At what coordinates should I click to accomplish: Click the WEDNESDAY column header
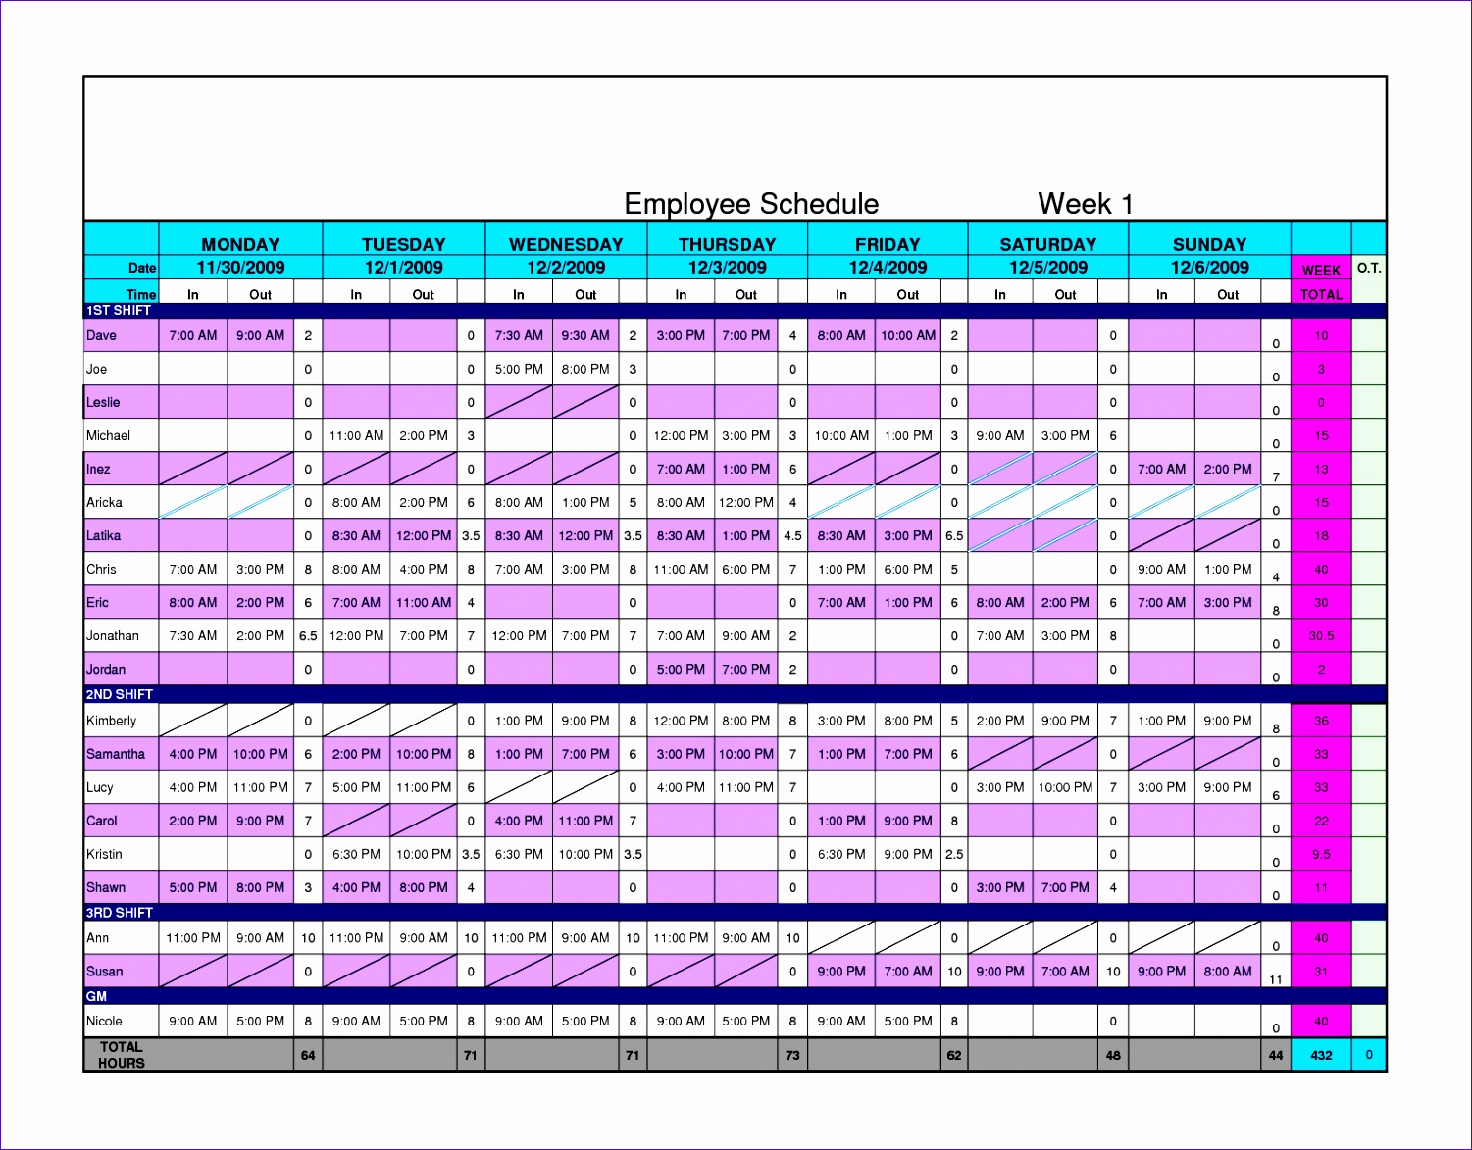[x=566, y=244]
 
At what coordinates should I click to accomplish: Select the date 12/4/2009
[x=888, y=267]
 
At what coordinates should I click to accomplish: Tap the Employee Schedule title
[x=751, y=204]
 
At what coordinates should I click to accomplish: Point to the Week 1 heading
[x=1085, y=204]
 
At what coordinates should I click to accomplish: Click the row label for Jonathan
[x=113, y=635]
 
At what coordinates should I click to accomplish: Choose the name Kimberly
[x=112, y=721]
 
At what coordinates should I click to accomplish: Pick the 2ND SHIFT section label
[x=119, y=694]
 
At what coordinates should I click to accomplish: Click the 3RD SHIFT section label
[x=119, y=913]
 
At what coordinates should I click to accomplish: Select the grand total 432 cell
[x=1321, y=1056]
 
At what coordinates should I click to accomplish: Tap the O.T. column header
[x=1369, y=268]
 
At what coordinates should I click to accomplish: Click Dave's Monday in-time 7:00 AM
[x=193, y=335]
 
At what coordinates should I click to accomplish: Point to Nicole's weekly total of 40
[x=1321, y=1021]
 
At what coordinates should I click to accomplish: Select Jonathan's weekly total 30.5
[x=1321, y=635]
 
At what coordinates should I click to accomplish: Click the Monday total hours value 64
[x=308, y=1056]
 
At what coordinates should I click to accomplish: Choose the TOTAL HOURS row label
[x=122, y=1055]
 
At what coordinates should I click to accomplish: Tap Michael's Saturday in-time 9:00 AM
[x=1000, y=435]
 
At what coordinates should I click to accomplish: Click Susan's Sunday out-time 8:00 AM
[x=1228, y=972]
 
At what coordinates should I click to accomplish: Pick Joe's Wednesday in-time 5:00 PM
[x=519, y=369]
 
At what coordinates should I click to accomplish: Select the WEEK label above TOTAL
[x=1321, y=271]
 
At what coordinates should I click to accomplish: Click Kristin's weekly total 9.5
[x=1321, y=854]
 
